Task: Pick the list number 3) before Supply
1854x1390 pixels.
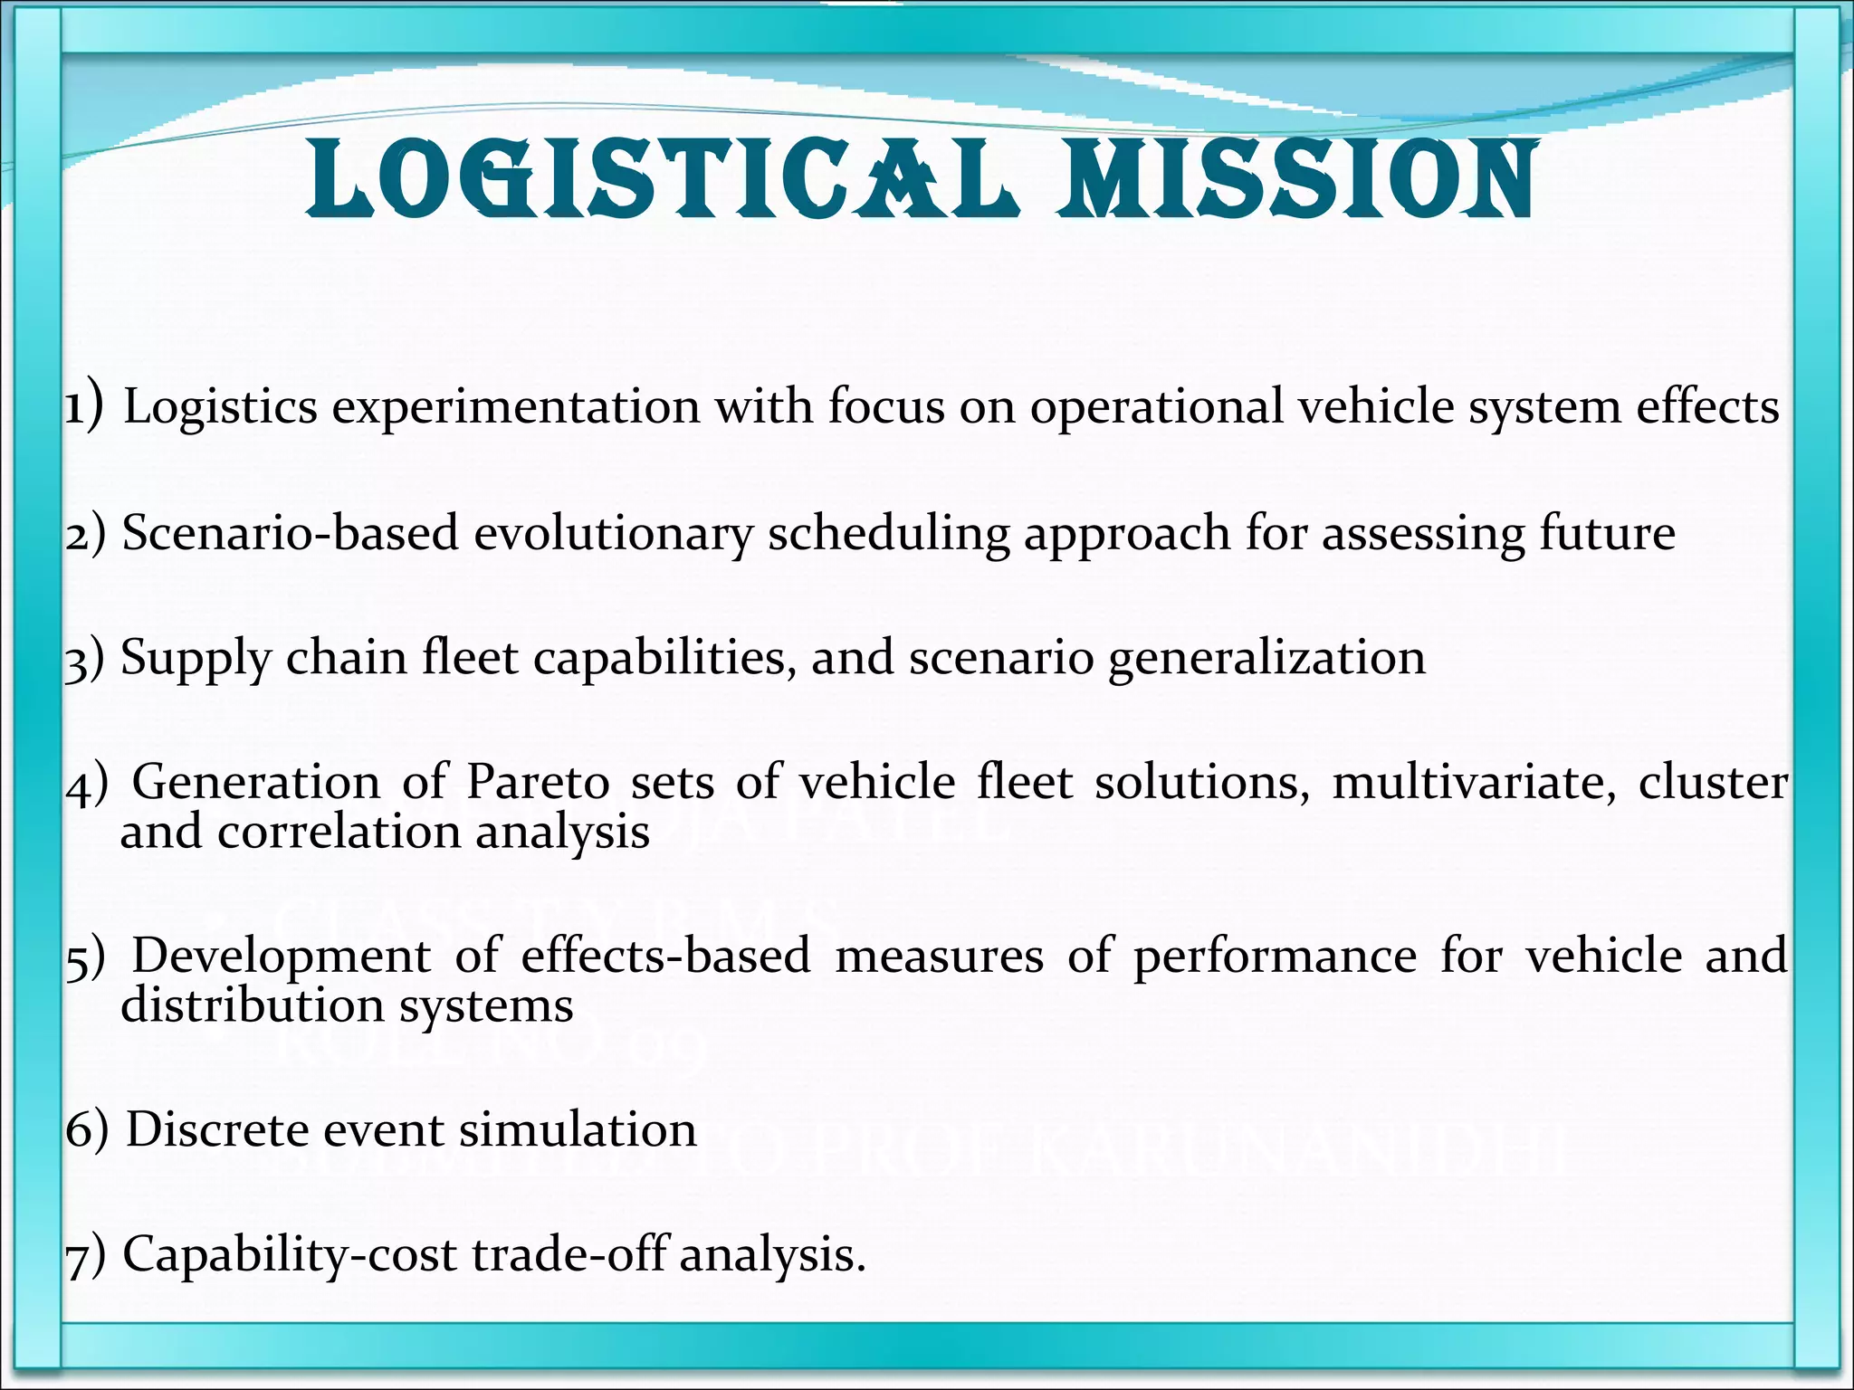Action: point(85,659)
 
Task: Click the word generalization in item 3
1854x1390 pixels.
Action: point(1266,659)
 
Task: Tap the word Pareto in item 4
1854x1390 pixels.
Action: point(538,782)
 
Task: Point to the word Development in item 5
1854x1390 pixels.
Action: point(282,957)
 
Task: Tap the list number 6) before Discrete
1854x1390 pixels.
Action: point(86,1130)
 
